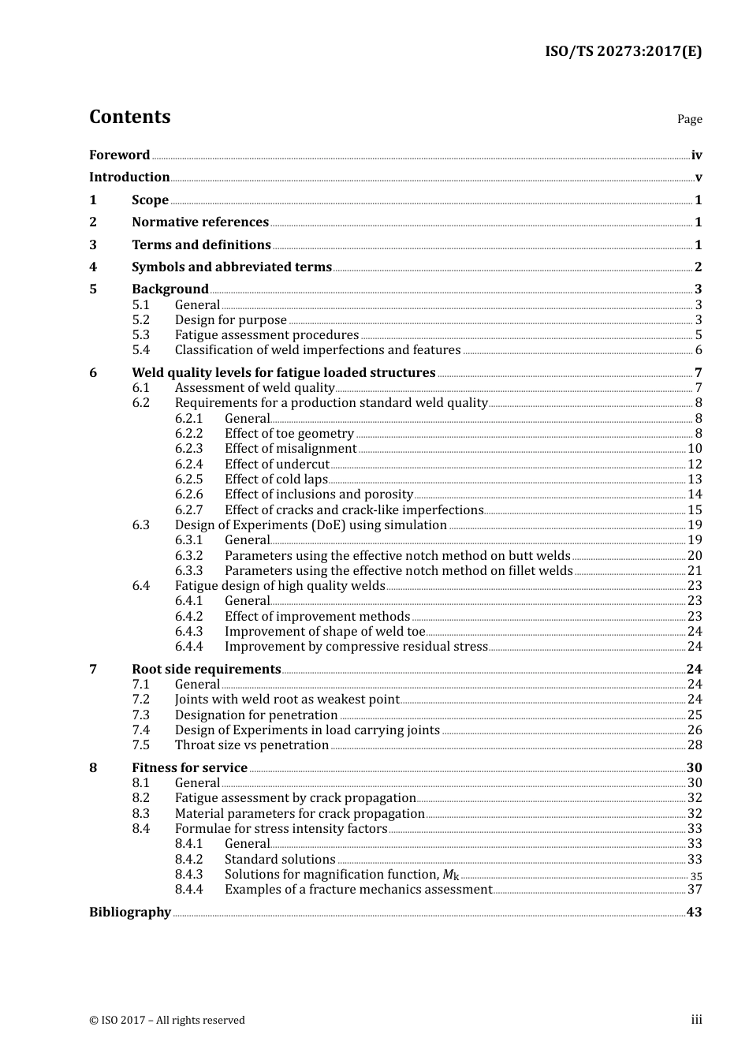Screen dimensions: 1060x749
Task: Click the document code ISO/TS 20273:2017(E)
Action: [623, 52]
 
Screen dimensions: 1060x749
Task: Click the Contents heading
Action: [129, 117]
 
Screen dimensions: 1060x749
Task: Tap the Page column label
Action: [689, 119]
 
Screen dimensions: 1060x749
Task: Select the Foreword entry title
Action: [119, 155]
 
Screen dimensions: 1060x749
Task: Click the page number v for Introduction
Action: [698, 177]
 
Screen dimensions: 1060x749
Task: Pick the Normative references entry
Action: [200, 222]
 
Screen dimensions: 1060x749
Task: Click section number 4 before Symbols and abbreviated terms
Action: [93, 267]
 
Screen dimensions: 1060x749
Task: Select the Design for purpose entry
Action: [230, 320]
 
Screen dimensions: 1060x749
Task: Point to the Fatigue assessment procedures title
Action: [266, 335]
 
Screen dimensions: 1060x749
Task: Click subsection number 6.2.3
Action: [188, 449]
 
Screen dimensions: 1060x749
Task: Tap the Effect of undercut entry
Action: [277, 465]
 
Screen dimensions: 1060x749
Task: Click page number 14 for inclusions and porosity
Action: [695, 495]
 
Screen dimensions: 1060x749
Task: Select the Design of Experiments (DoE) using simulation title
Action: [311, 525]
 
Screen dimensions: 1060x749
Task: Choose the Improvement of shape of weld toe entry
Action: [324, 632]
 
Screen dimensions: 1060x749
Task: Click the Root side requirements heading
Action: [206, 670]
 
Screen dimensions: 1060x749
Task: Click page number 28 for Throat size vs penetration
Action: [695, 745]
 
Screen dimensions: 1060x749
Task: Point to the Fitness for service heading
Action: [189, 768]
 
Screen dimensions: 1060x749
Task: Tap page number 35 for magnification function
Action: [696, 875]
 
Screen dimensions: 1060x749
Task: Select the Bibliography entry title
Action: [130, 913]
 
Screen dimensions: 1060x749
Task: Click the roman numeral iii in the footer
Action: [696, 1020]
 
